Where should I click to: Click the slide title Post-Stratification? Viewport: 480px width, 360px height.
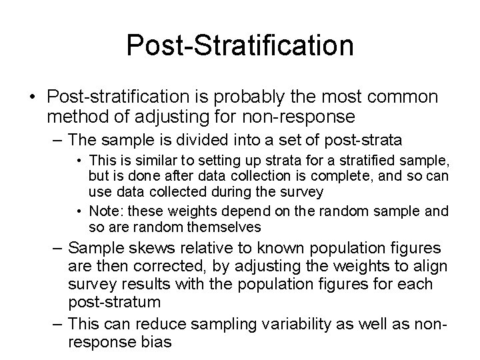coord(239,46)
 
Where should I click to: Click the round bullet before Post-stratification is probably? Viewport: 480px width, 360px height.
coord(32,98)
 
